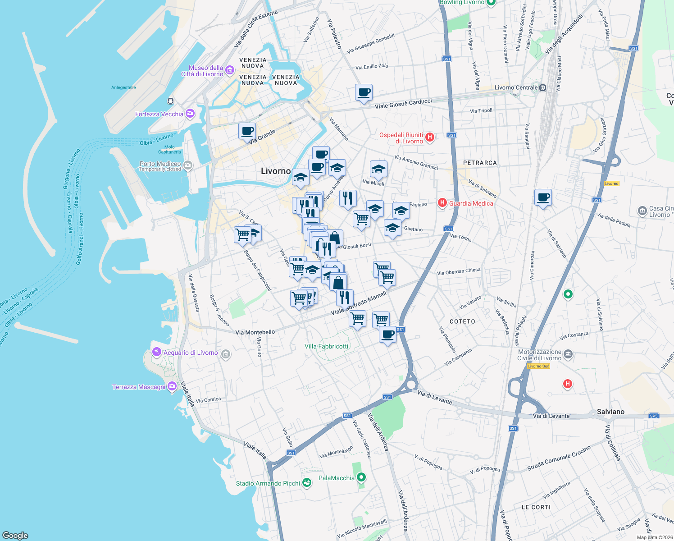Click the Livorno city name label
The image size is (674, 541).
pyautogui.click(x=276, y=171)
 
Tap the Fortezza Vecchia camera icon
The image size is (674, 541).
pyautogui.click(x=190, y=114)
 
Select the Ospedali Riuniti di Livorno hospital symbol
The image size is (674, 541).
pyautogui.click(x=430, y=137)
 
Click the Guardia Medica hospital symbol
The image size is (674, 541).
pyautogui.click(x=442, y=203)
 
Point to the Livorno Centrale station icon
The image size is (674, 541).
pyautogui.click(x=543, y=87)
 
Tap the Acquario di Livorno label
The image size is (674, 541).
pyautogui.click(x=191, y=353)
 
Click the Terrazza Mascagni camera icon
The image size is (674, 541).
pyautogui.click(x=172, y=386)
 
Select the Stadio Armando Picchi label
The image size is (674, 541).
pyautogui.click(x=268, y=483)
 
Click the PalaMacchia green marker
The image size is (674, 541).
pyautogui.click(x=361, y=477)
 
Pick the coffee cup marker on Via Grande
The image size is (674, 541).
pyautogui.click(x=247, y=131)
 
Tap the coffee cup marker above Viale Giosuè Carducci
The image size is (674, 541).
pyautogui.click(x=364, y=92)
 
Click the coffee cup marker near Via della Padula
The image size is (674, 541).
pyautogui.click(x=543, y=197)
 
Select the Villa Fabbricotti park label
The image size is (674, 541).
pyautogui.click(x=326, y=346)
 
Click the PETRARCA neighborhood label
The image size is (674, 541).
pyautogui.click(x=480, y=163)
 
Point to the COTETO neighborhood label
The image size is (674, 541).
pyautogui.click(x=462, y=321)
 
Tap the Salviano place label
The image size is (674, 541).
pyautogui.click(x=610, y=412)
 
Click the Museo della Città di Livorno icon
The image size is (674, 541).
pyautogui.click(x=230, y=70)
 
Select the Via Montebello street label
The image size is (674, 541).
pyautogui.click(x=255, y=332)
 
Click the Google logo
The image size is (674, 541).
pyautogui.click(x=15, y=535)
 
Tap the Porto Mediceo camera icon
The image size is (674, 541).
pyautogui.click(x=188, y=166)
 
